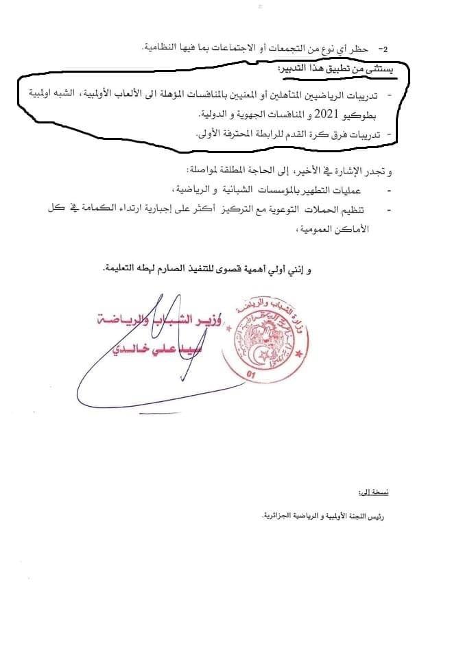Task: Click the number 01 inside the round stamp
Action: click(251, 374)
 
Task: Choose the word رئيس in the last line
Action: click(390, 516)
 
